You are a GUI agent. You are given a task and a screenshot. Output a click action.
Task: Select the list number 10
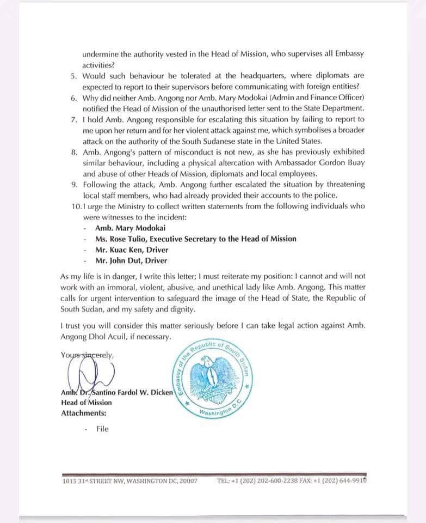click(76, 206)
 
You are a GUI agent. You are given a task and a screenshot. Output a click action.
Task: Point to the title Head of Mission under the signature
click(87, 403)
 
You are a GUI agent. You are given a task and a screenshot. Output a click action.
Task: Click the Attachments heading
click(84, 413)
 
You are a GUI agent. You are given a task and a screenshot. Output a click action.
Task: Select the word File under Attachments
click(102, 429)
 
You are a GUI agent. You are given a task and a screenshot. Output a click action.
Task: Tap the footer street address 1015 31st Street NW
click(130, 481)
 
